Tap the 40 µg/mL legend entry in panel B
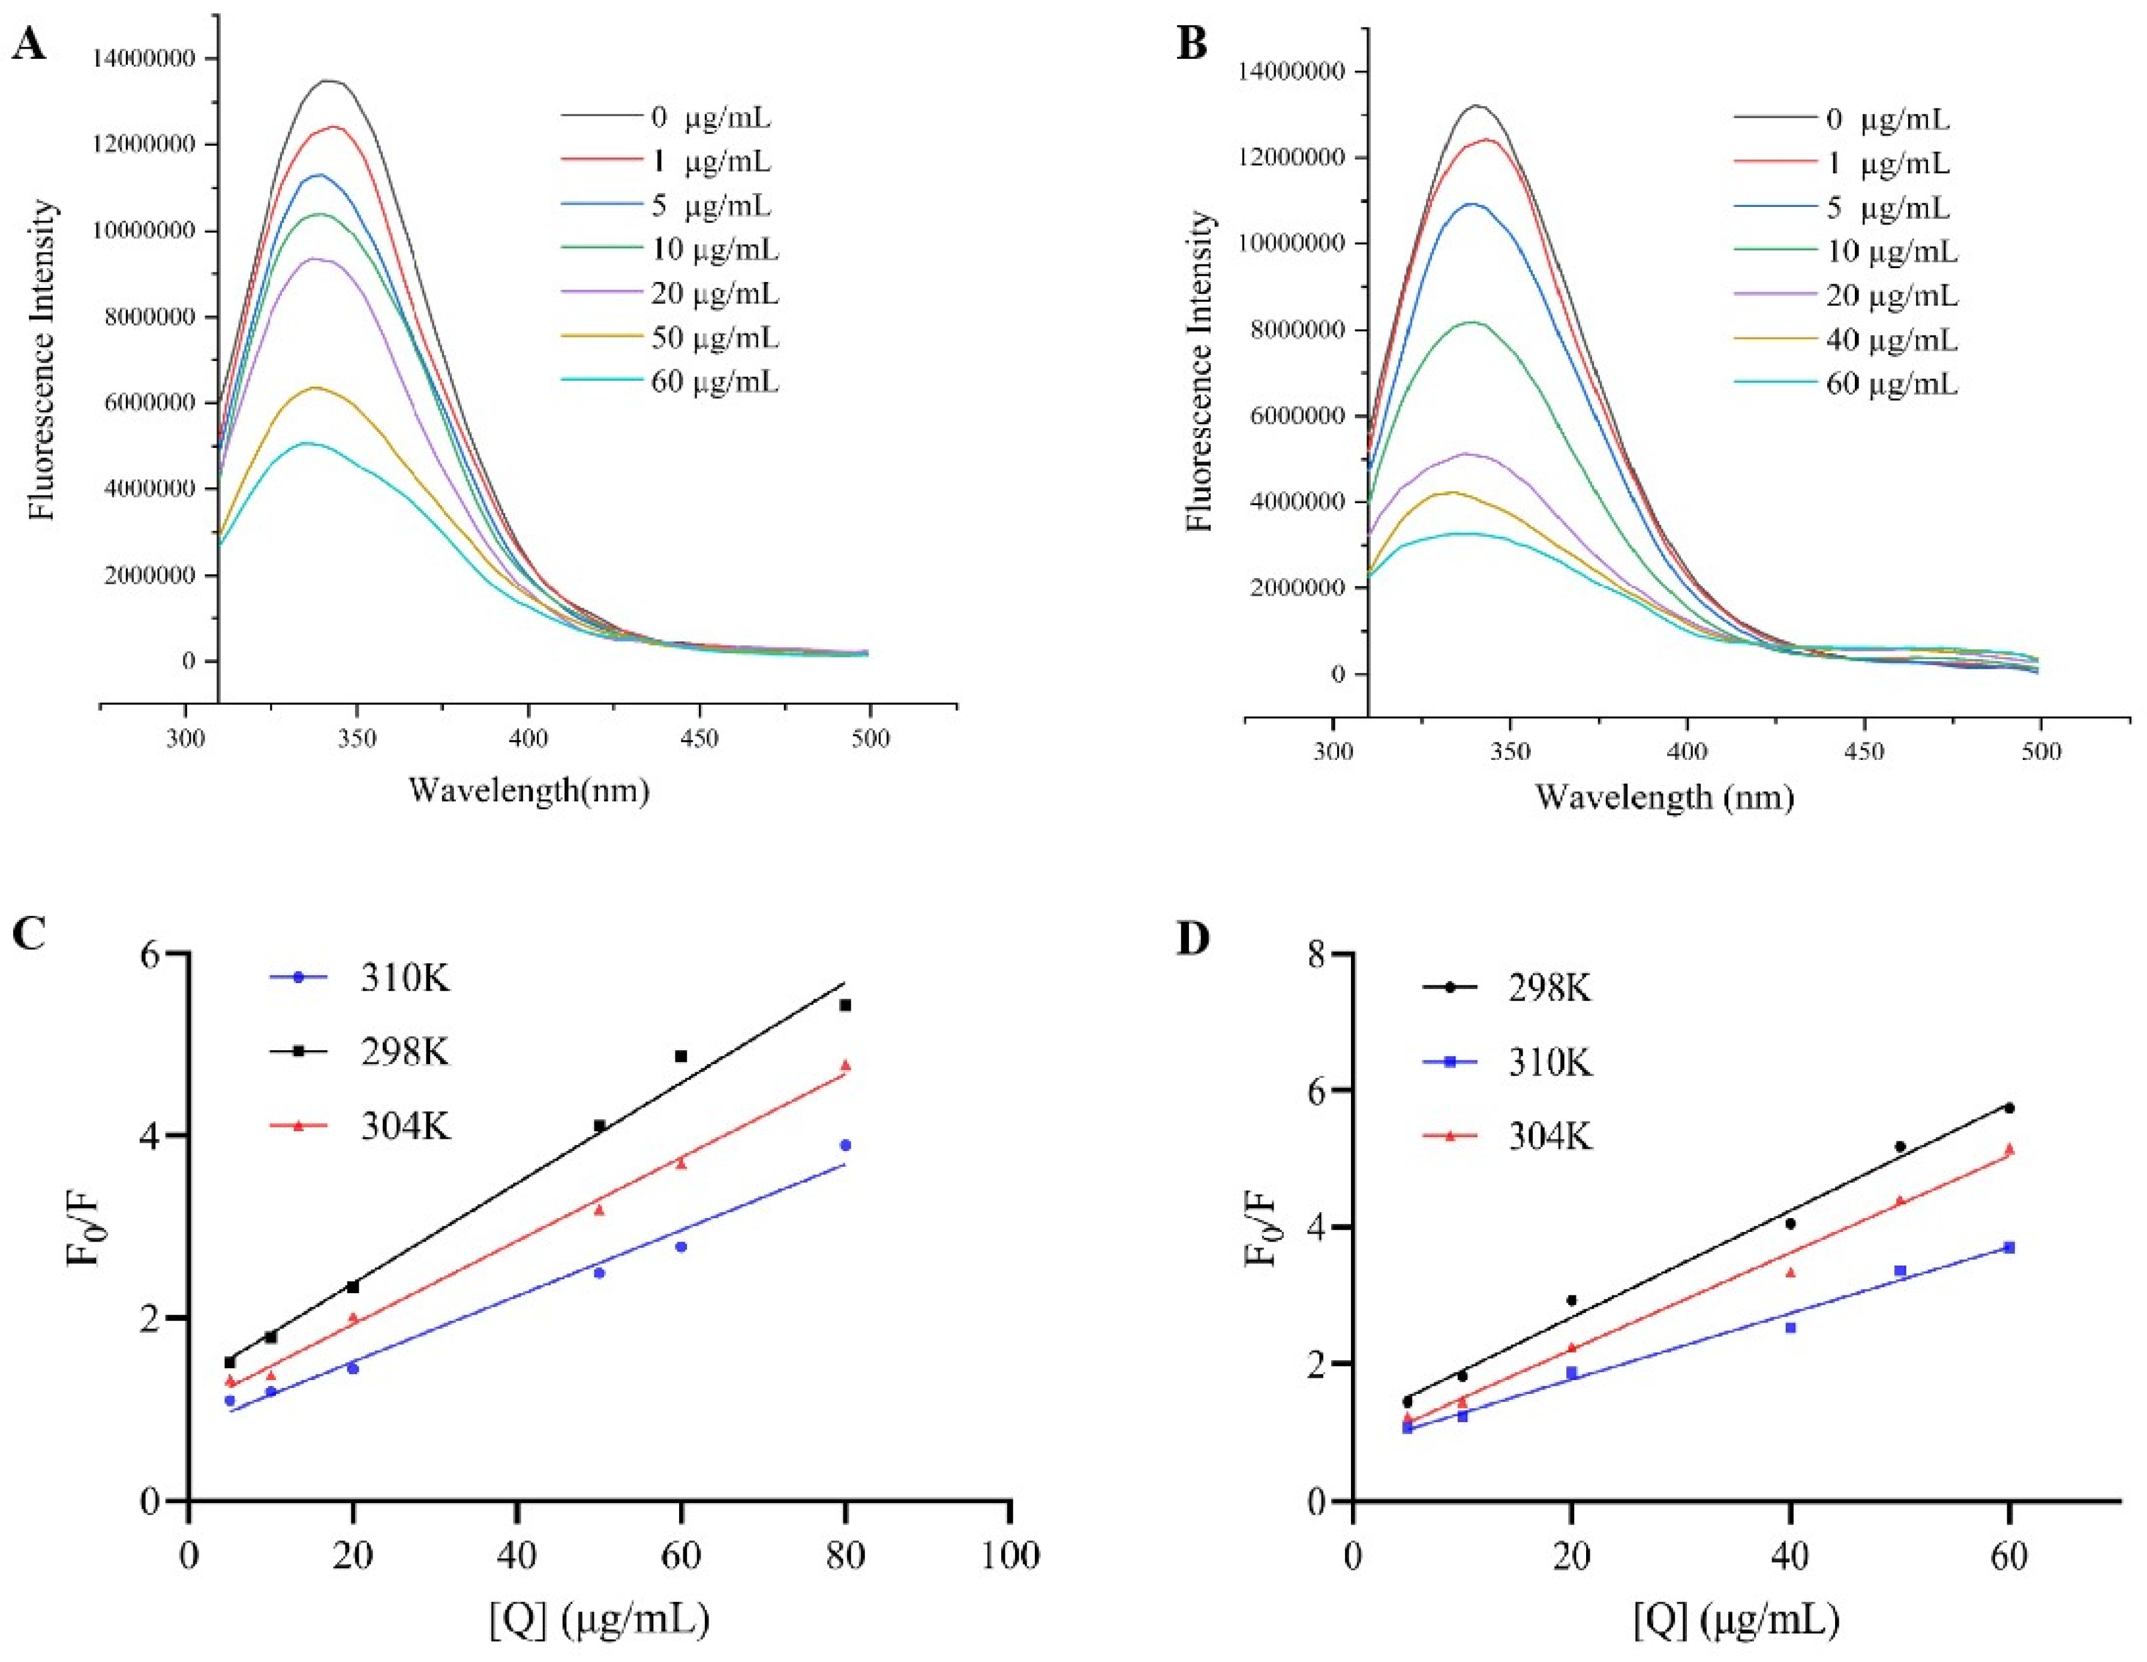click(x=1890, y=340)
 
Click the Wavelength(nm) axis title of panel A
click(x=529, y=790)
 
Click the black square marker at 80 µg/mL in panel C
click(x=845, y=1005)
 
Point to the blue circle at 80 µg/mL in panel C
click(x=845, y=1145)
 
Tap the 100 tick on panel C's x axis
click(x=1011, y=1556)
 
